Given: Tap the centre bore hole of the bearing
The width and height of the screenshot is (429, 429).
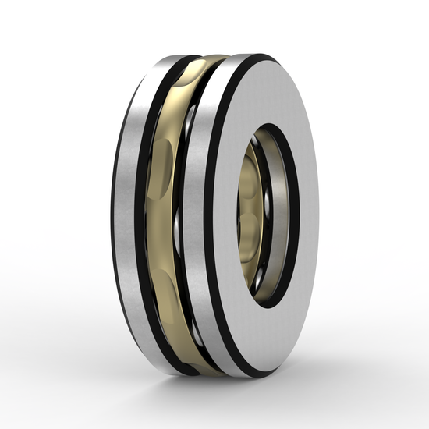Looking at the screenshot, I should click(x=270, y=218).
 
